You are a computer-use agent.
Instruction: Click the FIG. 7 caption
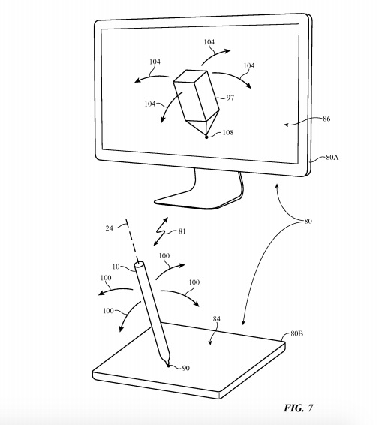299,408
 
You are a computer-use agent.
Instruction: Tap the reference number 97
230,98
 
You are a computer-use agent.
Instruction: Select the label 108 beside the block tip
228,133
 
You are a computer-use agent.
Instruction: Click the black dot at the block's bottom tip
206,137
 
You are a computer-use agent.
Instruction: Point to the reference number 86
326,119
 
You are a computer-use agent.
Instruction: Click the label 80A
332,158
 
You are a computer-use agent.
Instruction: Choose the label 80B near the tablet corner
297,333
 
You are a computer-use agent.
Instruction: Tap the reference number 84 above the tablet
216,319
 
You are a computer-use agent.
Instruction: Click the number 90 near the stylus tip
185,368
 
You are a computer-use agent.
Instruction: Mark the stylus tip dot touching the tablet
169,366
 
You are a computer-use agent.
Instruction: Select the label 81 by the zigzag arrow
182,231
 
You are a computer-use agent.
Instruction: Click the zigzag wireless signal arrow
161,231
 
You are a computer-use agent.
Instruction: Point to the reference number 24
109,228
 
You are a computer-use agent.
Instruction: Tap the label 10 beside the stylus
116,267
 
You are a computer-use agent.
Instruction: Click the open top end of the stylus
140,264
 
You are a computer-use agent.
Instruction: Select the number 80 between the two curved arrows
308,222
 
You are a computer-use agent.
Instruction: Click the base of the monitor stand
197,201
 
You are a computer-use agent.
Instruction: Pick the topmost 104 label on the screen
209,42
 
